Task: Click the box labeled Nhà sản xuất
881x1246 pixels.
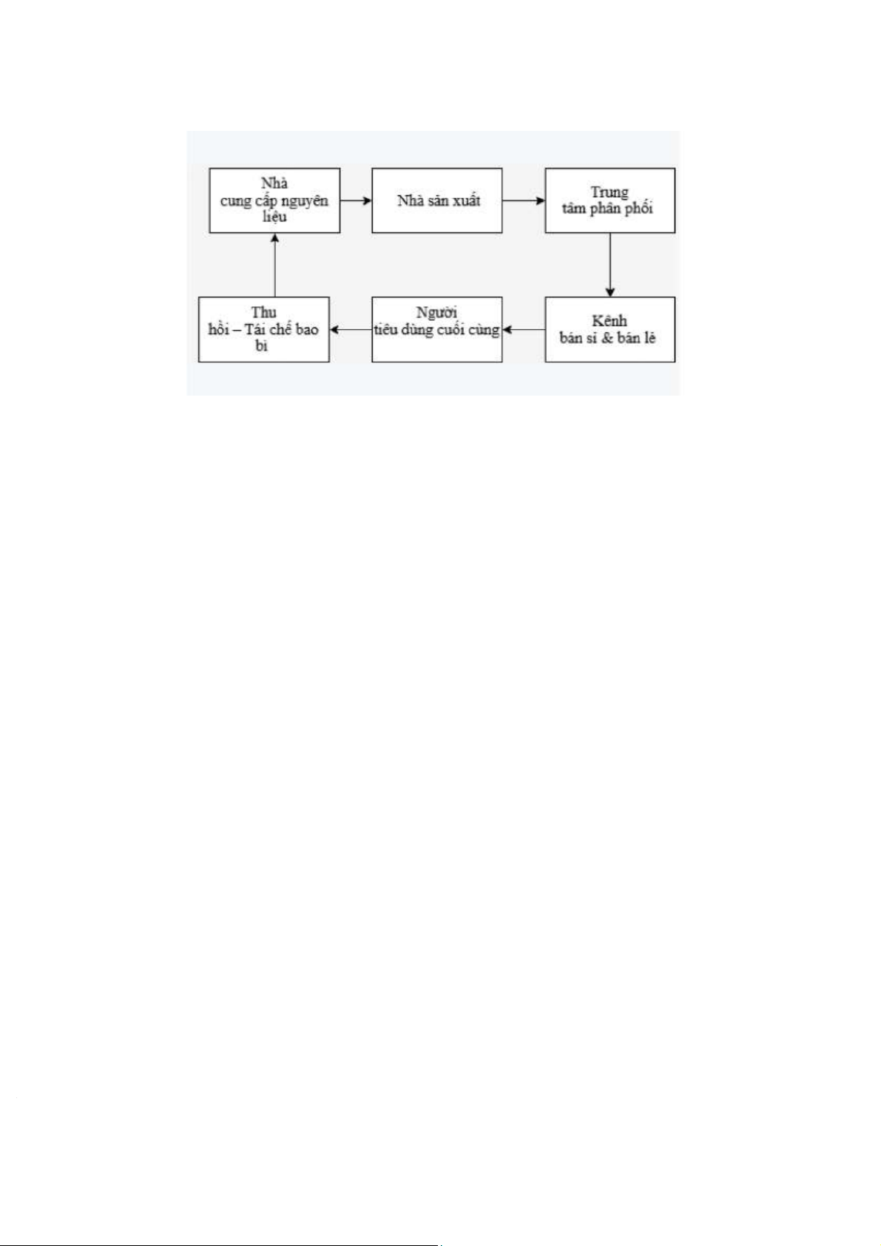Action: [x=436, y=200]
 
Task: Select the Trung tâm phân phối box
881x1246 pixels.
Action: [x=610, y=200]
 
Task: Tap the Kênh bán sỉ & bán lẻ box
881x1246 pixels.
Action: [x=610, y=329]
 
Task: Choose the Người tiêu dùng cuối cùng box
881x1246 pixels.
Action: [x=436, y=329]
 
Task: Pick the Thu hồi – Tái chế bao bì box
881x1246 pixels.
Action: [x=263, y=329]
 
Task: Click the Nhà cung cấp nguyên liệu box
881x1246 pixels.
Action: [x=274, y=200]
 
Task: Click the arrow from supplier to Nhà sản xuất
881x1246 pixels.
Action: [x=356, y=200]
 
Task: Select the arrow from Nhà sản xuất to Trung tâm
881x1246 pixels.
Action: [x=524, y=200]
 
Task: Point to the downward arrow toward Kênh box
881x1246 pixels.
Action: [x=610, y=265]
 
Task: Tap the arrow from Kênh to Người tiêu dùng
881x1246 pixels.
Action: [x=524, y=330]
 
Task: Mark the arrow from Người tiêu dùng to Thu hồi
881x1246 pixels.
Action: [x=350, y=330]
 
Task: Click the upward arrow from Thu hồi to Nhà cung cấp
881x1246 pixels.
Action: [x=274, y=265]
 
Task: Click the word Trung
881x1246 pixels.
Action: [x=610, y=192]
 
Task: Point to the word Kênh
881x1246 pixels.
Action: [x=610, y=322]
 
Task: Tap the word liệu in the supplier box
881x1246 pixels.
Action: [x=274, y=217]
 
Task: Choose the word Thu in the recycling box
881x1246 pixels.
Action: [x=263, y=313]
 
